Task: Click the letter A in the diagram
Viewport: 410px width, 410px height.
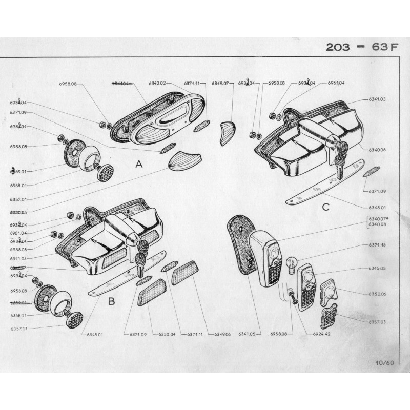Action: click(137, 165)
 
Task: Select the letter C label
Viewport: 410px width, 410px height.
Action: click(325, 207)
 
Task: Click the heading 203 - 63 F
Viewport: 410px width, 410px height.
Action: click(362, 47)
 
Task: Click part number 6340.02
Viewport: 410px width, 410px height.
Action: click(157, 83)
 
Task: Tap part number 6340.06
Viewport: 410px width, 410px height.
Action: click(377, 150)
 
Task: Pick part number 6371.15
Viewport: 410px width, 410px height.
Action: click(377, 245)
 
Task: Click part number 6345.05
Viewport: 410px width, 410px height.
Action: click(377, 268)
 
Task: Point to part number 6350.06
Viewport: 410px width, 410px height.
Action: click(377, 294)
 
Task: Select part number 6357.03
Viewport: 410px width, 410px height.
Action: click(377, 322)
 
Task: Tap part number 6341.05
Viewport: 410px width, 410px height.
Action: click(250, 334)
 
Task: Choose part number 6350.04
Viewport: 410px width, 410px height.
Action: click(166, 334)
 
